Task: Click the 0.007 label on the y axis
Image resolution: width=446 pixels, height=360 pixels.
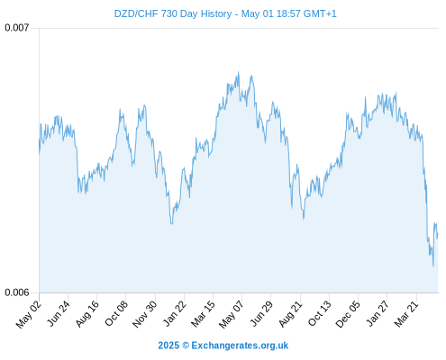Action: pos(17,28)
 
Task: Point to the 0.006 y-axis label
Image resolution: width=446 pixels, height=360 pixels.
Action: pos(17,292)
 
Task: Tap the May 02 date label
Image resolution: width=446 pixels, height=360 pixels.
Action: pos(28,314)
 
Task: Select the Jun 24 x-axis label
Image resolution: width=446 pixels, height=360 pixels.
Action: pos(59,313)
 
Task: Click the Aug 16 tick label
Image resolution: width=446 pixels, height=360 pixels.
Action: pos(87,314)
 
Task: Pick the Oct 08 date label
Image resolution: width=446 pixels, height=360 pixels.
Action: pos(116,313)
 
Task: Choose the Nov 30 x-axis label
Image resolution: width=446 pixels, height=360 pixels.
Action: pos(144,314)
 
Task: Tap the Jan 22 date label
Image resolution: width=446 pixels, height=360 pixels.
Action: pos(174,314)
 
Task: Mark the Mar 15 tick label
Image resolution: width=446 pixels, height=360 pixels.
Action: pos(203,314)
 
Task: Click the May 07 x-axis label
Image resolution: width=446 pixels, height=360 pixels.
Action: pos(232,314)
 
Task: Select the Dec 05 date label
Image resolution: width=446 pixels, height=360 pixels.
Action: pos(347,314)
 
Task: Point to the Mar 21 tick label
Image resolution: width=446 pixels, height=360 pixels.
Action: pos(406,314)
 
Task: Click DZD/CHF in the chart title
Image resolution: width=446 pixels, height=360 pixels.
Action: pos(136,14)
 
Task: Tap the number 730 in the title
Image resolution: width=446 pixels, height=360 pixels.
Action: pos(169,13)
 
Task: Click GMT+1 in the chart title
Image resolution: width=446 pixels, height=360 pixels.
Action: pos(320,13)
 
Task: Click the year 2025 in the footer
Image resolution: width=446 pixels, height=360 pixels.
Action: pos(168,346)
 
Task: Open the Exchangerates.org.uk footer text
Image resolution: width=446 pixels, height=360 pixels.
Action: pos(240,346)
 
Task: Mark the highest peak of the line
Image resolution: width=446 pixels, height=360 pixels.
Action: pos(239,71)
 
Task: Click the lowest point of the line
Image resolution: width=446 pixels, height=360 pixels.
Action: pos(433,265)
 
